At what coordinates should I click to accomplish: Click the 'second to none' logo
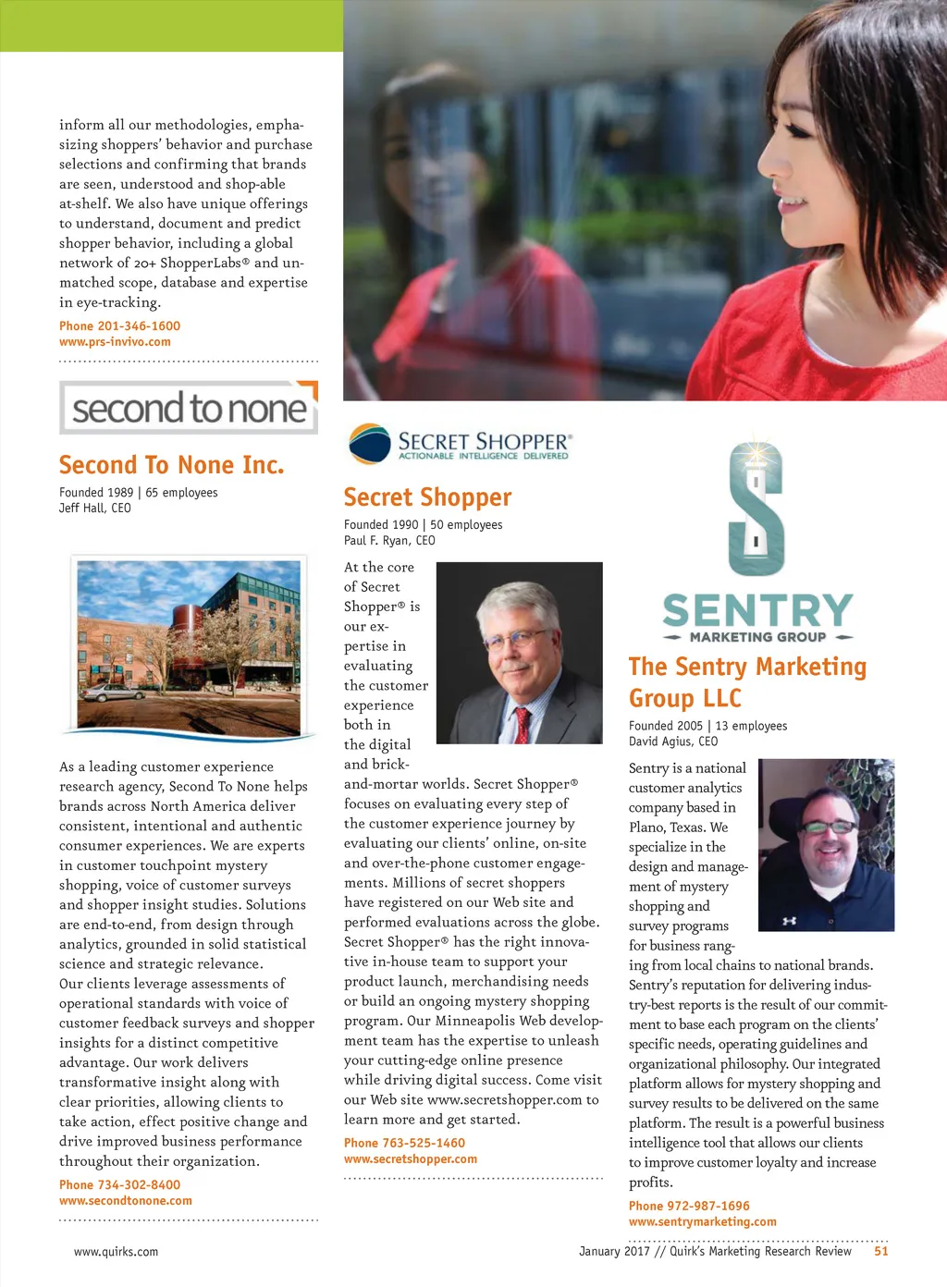[x=189, y=408]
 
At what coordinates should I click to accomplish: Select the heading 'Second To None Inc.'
[x=171, y=464]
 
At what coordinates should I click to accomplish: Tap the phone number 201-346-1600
[x=119, y=325]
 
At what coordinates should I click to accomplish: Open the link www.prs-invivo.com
[x=115, y=341]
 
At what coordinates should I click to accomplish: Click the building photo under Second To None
[x=189, y=645]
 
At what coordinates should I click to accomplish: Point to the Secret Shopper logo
[x=459, y=444]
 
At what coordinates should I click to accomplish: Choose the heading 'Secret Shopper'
[x=427, y=497]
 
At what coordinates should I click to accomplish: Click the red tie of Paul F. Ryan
[x=523, y=723]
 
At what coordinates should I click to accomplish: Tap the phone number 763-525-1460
[x=404, y=1143]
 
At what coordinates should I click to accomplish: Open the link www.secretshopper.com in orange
[x=411, y=1158]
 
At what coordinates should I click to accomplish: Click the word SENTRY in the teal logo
[x=757, y=610]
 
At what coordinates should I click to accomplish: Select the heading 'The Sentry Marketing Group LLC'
[x=747, y=681]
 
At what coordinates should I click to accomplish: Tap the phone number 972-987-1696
[x=689, y=1206]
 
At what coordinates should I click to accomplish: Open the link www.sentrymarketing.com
[x=702, y=1221]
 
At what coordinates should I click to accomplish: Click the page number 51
[x=880, y=1251]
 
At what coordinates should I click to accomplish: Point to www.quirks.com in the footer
[x=116, y=1252]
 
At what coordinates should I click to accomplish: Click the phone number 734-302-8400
[x=119, y=1184]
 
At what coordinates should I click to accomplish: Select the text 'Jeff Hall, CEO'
[x=95, y=508]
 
